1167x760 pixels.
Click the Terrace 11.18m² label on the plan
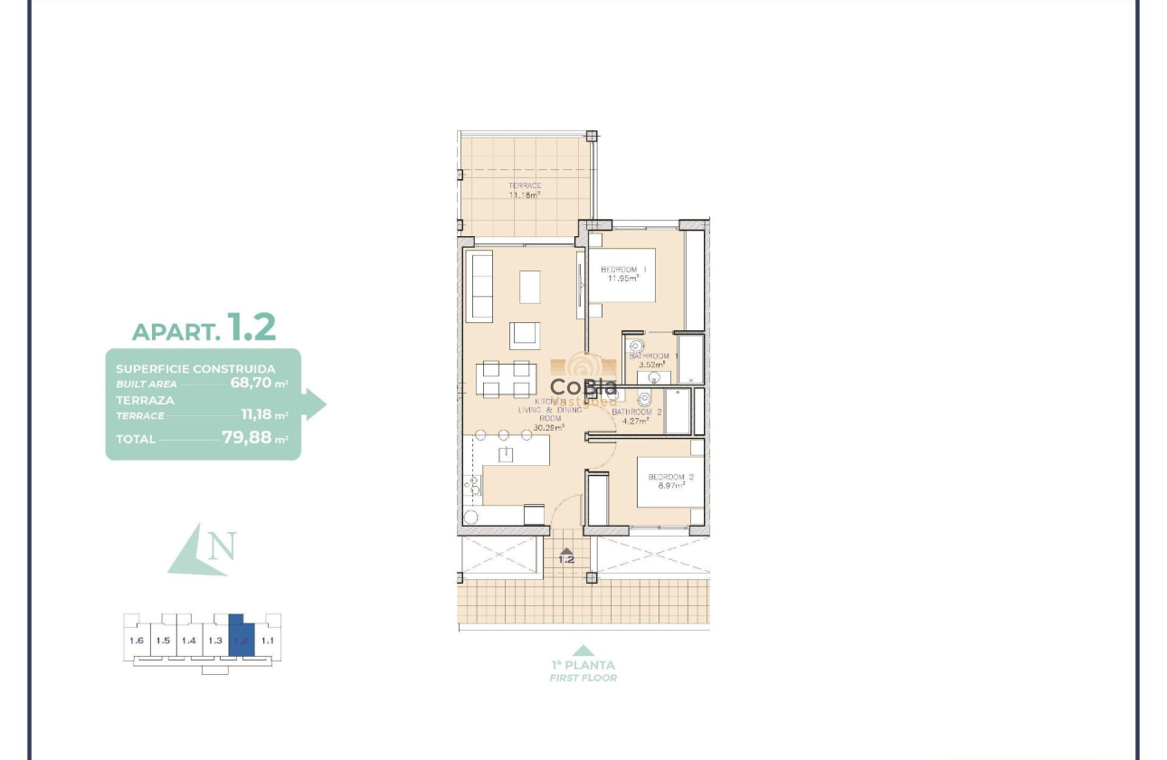[x=525, y=190]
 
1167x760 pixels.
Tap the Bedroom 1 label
[x=623, y=273]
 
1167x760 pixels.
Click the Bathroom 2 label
[x=636, y=415]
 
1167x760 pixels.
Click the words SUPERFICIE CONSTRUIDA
[x=195, y=369]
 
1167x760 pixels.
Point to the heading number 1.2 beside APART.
[x=251, y=327]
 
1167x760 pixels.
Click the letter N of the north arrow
[x=222, y=546]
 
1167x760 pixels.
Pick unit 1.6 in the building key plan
[x=137, y=641]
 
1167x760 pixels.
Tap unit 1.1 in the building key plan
[x=267, y=641]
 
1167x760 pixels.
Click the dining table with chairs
[x=506, y=379]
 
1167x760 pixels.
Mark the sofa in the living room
[x=479, y=287]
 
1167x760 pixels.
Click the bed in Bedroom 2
[x=669, y=480]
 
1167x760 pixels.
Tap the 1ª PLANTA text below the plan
[x=583, y=665]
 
